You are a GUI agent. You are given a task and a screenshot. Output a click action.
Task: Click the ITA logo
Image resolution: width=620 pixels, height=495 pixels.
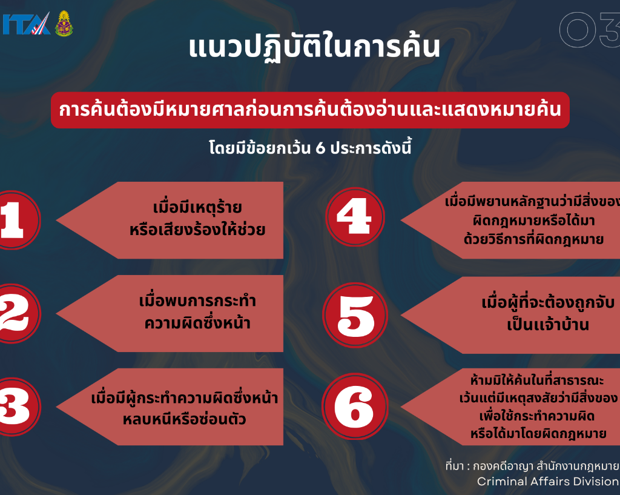click(x=26, y=24)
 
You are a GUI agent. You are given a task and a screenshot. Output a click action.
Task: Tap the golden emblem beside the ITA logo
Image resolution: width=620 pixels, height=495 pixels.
click(x=64, y=24)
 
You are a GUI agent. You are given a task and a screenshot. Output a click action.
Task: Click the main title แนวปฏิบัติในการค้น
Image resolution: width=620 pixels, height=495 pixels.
click(x=314, y=47)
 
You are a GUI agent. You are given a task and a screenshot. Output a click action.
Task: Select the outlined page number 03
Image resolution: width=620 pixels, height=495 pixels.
click(x=590, y=29)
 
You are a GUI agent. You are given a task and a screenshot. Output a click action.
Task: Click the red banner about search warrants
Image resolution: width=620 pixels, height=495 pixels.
click(x=310, y=110)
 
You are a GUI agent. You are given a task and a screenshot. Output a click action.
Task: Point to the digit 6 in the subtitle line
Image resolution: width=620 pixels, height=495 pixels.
click(x=320, y=148)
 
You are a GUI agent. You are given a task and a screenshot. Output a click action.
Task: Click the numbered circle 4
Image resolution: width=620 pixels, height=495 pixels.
click(x=355, y=217)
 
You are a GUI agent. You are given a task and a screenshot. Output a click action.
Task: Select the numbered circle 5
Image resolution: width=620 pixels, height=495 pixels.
click(x=355, y=316)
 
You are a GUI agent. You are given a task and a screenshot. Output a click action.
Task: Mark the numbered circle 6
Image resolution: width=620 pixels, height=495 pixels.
click(x=355, y=407)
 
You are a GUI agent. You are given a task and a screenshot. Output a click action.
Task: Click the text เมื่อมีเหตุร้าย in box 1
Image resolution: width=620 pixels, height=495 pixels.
click(x=197, y=208)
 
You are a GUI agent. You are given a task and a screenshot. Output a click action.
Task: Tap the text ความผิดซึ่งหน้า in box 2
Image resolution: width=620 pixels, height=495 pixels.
click(x=197, y=323)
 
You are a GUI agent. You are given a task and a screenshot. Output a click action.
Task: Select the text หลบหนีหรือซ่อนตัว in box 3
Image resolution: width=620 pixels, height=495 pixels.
click(x=184, y=419)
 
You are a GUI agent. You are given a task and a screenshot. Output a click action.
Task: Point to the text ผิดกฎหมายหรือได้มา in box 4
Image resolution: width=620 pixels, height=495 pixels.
click(x=534, y=221)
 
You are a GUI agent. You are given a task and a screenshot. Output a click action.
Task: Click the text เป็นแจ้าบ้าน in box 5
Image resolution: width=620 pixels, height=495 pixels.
click(x=548, y=325)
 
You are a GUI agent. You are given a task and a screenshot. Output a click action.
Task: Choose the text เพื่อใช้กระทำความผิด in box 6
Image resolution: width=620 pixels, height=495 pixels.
click(x=537, y=416)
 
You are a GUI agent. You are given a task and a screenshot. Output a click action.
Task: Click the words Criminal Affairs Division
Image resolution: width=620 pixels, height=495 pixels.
click(x=548, y=481)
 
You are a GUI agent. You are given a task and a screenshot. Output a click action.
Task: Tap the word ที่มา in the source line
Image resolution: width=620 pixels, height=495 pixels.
click(x=454, y=466)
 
